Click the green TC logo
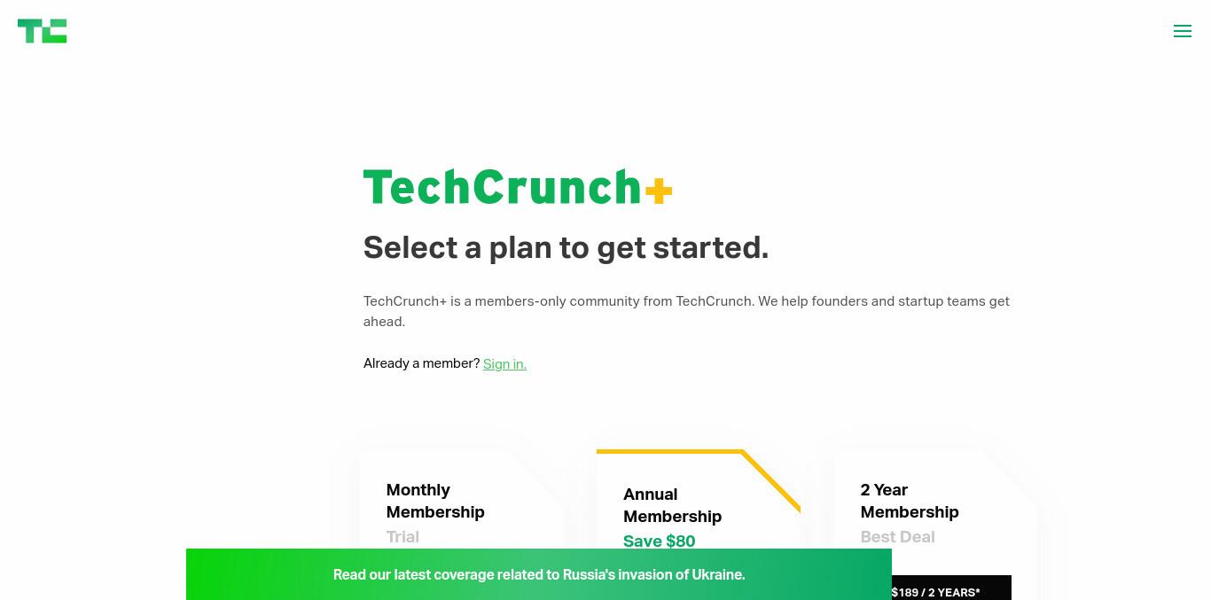(43, 31)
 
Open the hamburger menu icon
(1183, 31)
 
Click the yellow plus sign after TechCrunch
(659, 191)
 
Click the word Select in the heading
(410, 247)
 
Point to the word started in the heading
(711, 247)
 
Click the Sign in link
(504, 363)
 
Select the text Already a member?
(421, 363)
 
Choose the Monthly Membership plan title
(435, 501)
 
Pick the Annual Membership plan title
(672, 505)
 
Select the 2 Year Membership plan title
(910, 501)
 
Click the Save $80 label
(659, 541)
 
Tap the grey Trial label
(402, 537)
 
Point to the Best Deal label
(897, 537)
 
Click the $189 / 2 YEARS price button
(951, 588)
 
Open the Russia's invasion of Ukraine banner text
(539, 574)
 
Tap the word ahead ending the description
(384, 322)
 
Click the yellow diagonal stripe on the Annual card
(771, 480)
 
